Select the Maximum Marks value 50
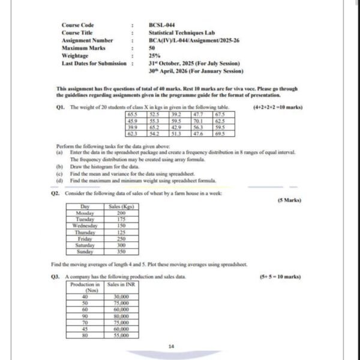152,47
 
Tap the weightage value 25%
154,55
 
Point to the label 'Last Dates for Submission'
94,62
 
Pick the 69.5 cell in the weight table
220,133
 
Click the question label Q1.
59,106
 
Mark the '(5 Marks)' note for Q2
289,199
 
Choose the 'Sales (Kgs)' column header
121,207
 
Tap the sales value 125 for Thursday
121,232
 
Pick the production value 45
85,328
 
